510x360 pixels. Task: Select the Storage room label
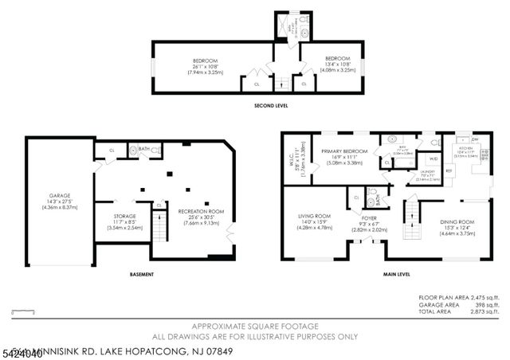124,219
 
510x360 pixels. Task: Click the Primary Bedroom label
344,157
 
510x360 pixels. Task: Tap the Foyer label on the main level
369,220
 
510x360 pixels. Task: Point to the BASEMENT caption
141,275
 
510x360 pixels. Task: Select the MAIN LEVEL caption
397,275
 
